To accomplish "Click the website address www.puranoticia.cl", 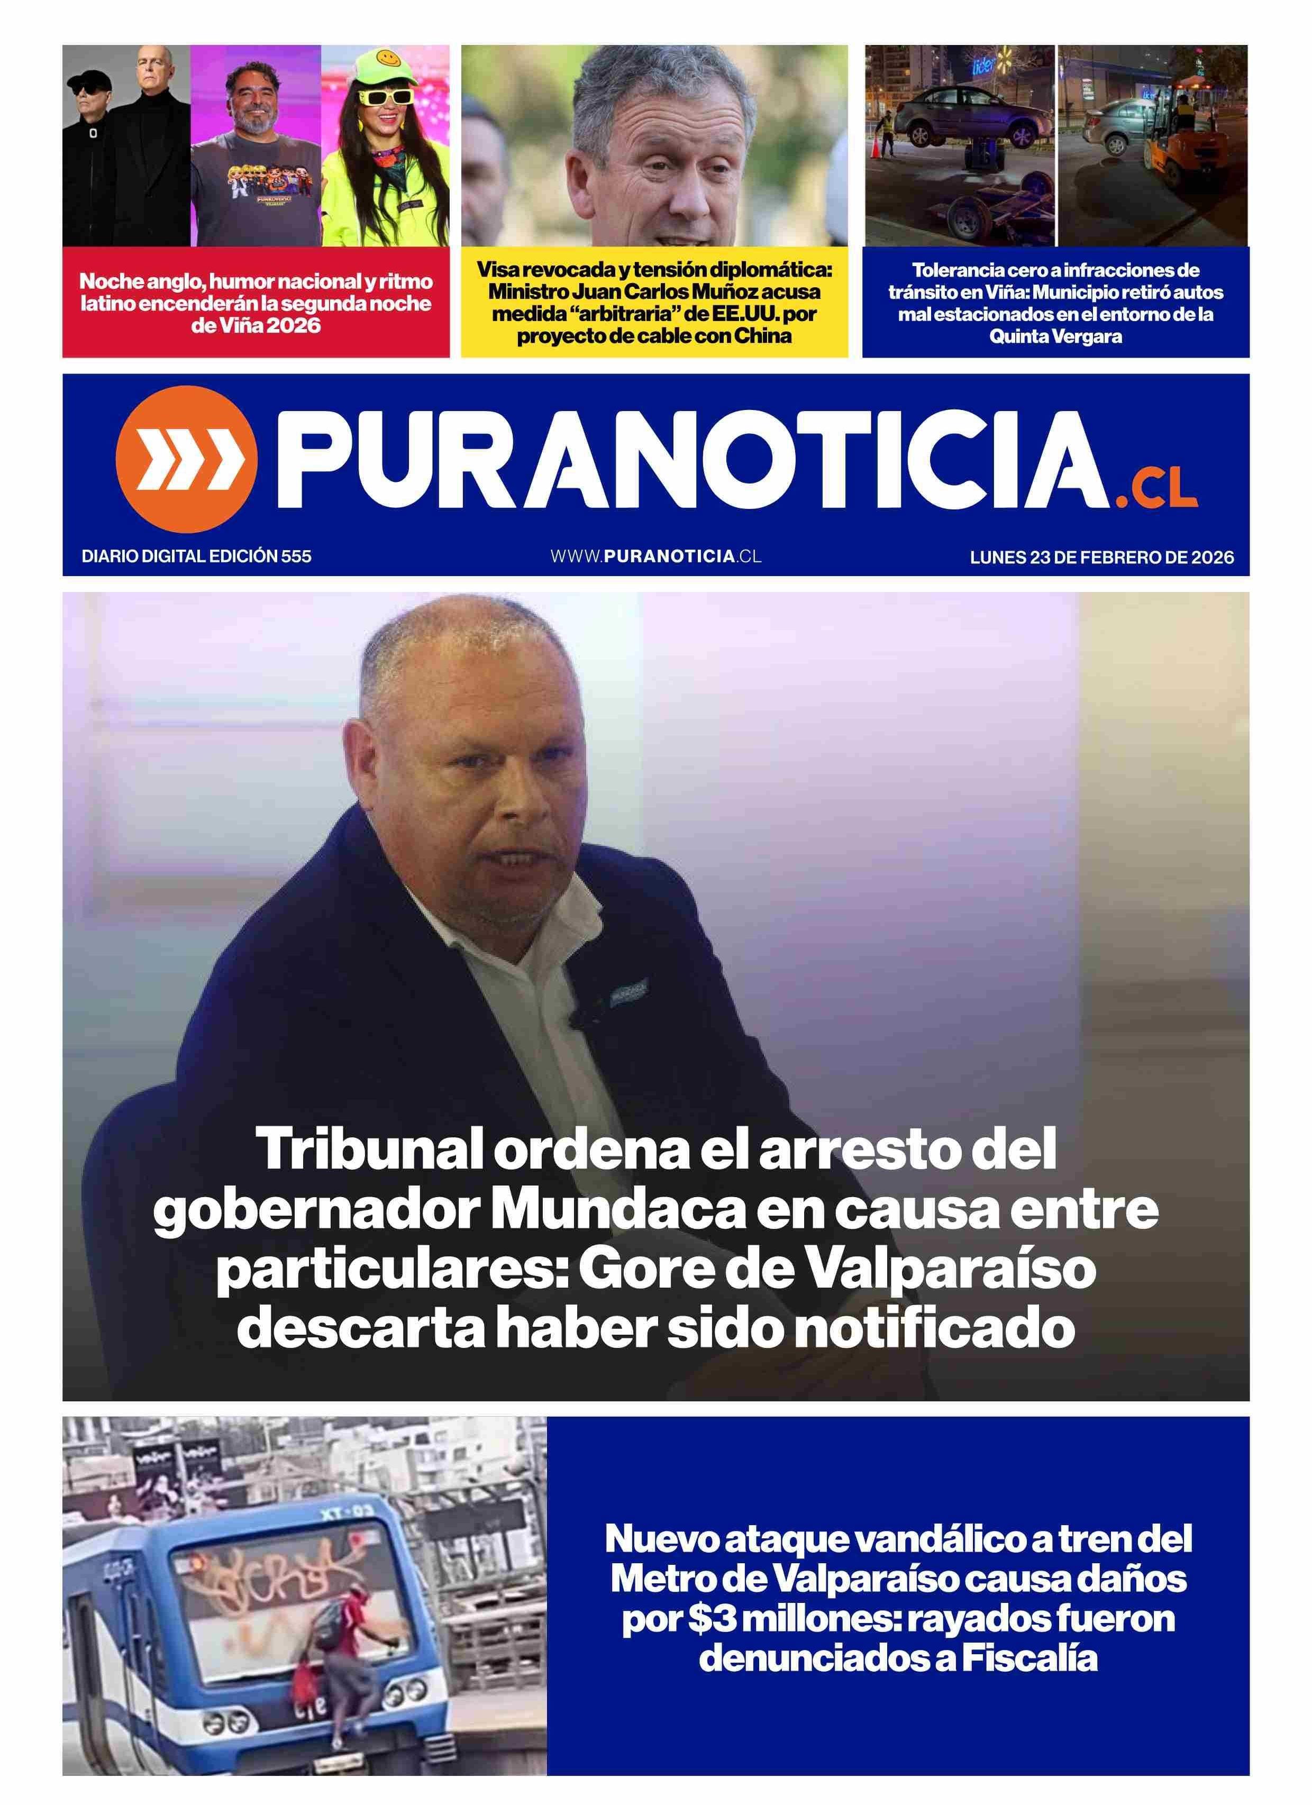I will (655, 557).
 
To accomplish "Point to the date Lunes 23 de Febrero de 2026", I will (1101, 557).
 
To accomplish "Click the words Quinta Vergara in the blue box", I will (1055, 336).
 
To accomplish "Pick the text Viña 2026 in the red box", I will (256, 325).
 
